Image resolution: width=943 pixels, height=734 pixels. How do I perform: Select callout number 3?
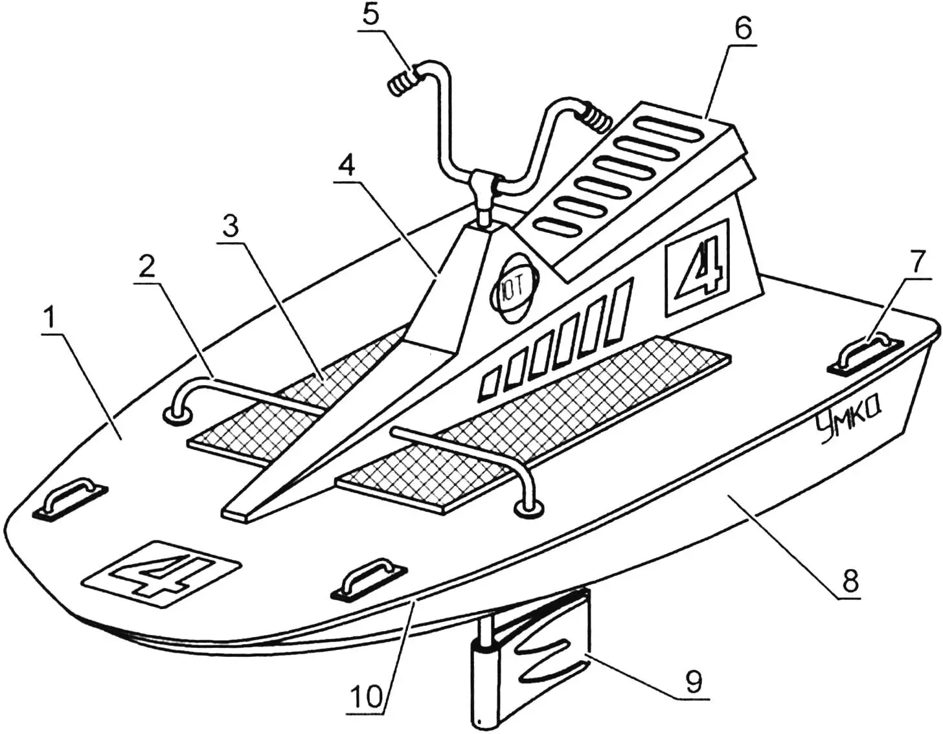(230, 227)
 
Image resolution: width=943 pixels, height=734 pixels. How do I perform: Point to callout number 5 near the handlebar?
(370, 16)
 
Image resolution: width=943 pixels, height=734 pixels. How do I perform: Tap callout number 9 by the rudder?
(694, 682)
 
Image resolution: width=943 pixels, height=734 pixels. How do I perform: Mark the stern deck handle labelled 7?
(865, 351)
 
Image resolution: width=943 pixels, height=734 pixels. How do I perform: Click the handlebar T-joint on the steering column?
(484, 185)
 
